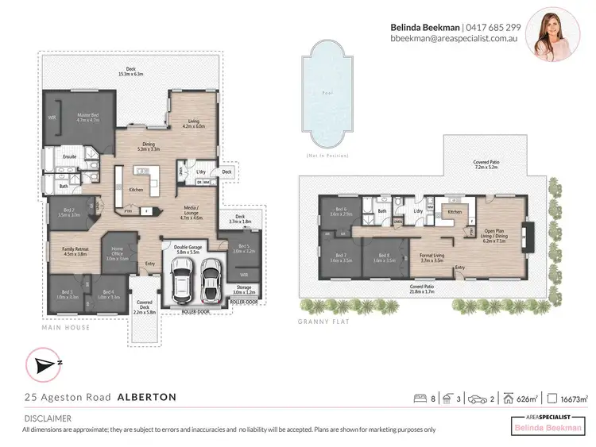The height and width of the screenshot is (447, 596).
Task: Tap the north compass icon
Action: (x=42, y=365)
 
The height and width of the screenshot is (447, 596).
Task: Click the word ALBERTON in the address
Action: (x=147, y=396)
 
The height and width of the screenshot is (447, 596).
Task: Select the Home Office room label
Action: (x=118, y=256)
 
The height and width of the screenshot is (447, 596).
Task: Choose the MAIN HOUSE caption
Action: (x=67, y=327)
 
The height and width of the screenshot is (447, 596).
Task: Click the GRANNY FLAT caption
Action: (x=321, y=322)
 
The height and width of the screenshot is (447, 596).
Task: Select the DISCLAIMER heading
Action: (x=47, y=418)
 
